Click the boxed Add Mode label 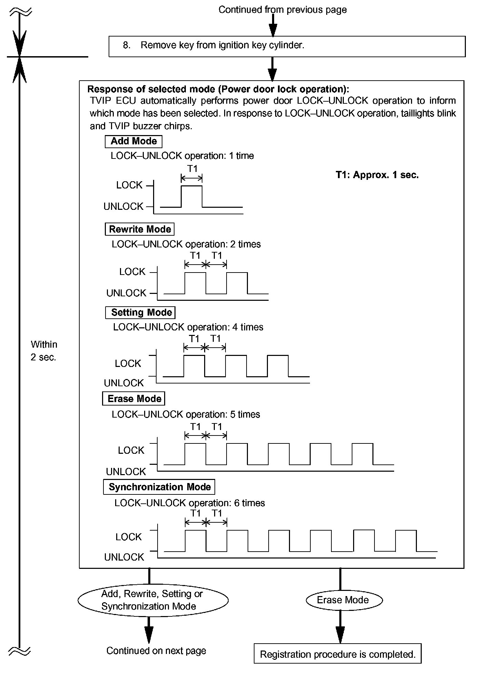[133, 141]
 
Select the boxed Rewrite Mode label [140, 229]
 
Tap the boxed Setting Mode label [140, 313]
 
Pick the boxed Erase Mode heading [134, 399]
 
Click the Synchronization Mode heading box [159, 487]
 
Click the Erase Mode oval [344, 600]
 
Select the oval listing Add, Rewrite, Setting [153, 600]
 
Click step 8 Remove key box [287, 46]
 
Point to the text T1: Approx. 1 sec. [377, 175]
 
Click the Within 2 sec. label [44, 351]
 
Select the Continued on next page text [156, 651]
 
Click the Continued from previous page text [282, 10]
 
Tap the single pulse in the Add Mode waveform [192, 196]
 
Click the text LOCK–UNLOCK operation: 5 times [186, 414]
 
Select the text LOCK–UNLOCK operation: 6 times [190, 503]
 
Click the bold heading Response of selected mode [218, 89]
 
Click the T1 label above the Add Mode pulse [192, 168]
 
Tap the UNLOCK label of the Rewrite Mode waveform [126, 293]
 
